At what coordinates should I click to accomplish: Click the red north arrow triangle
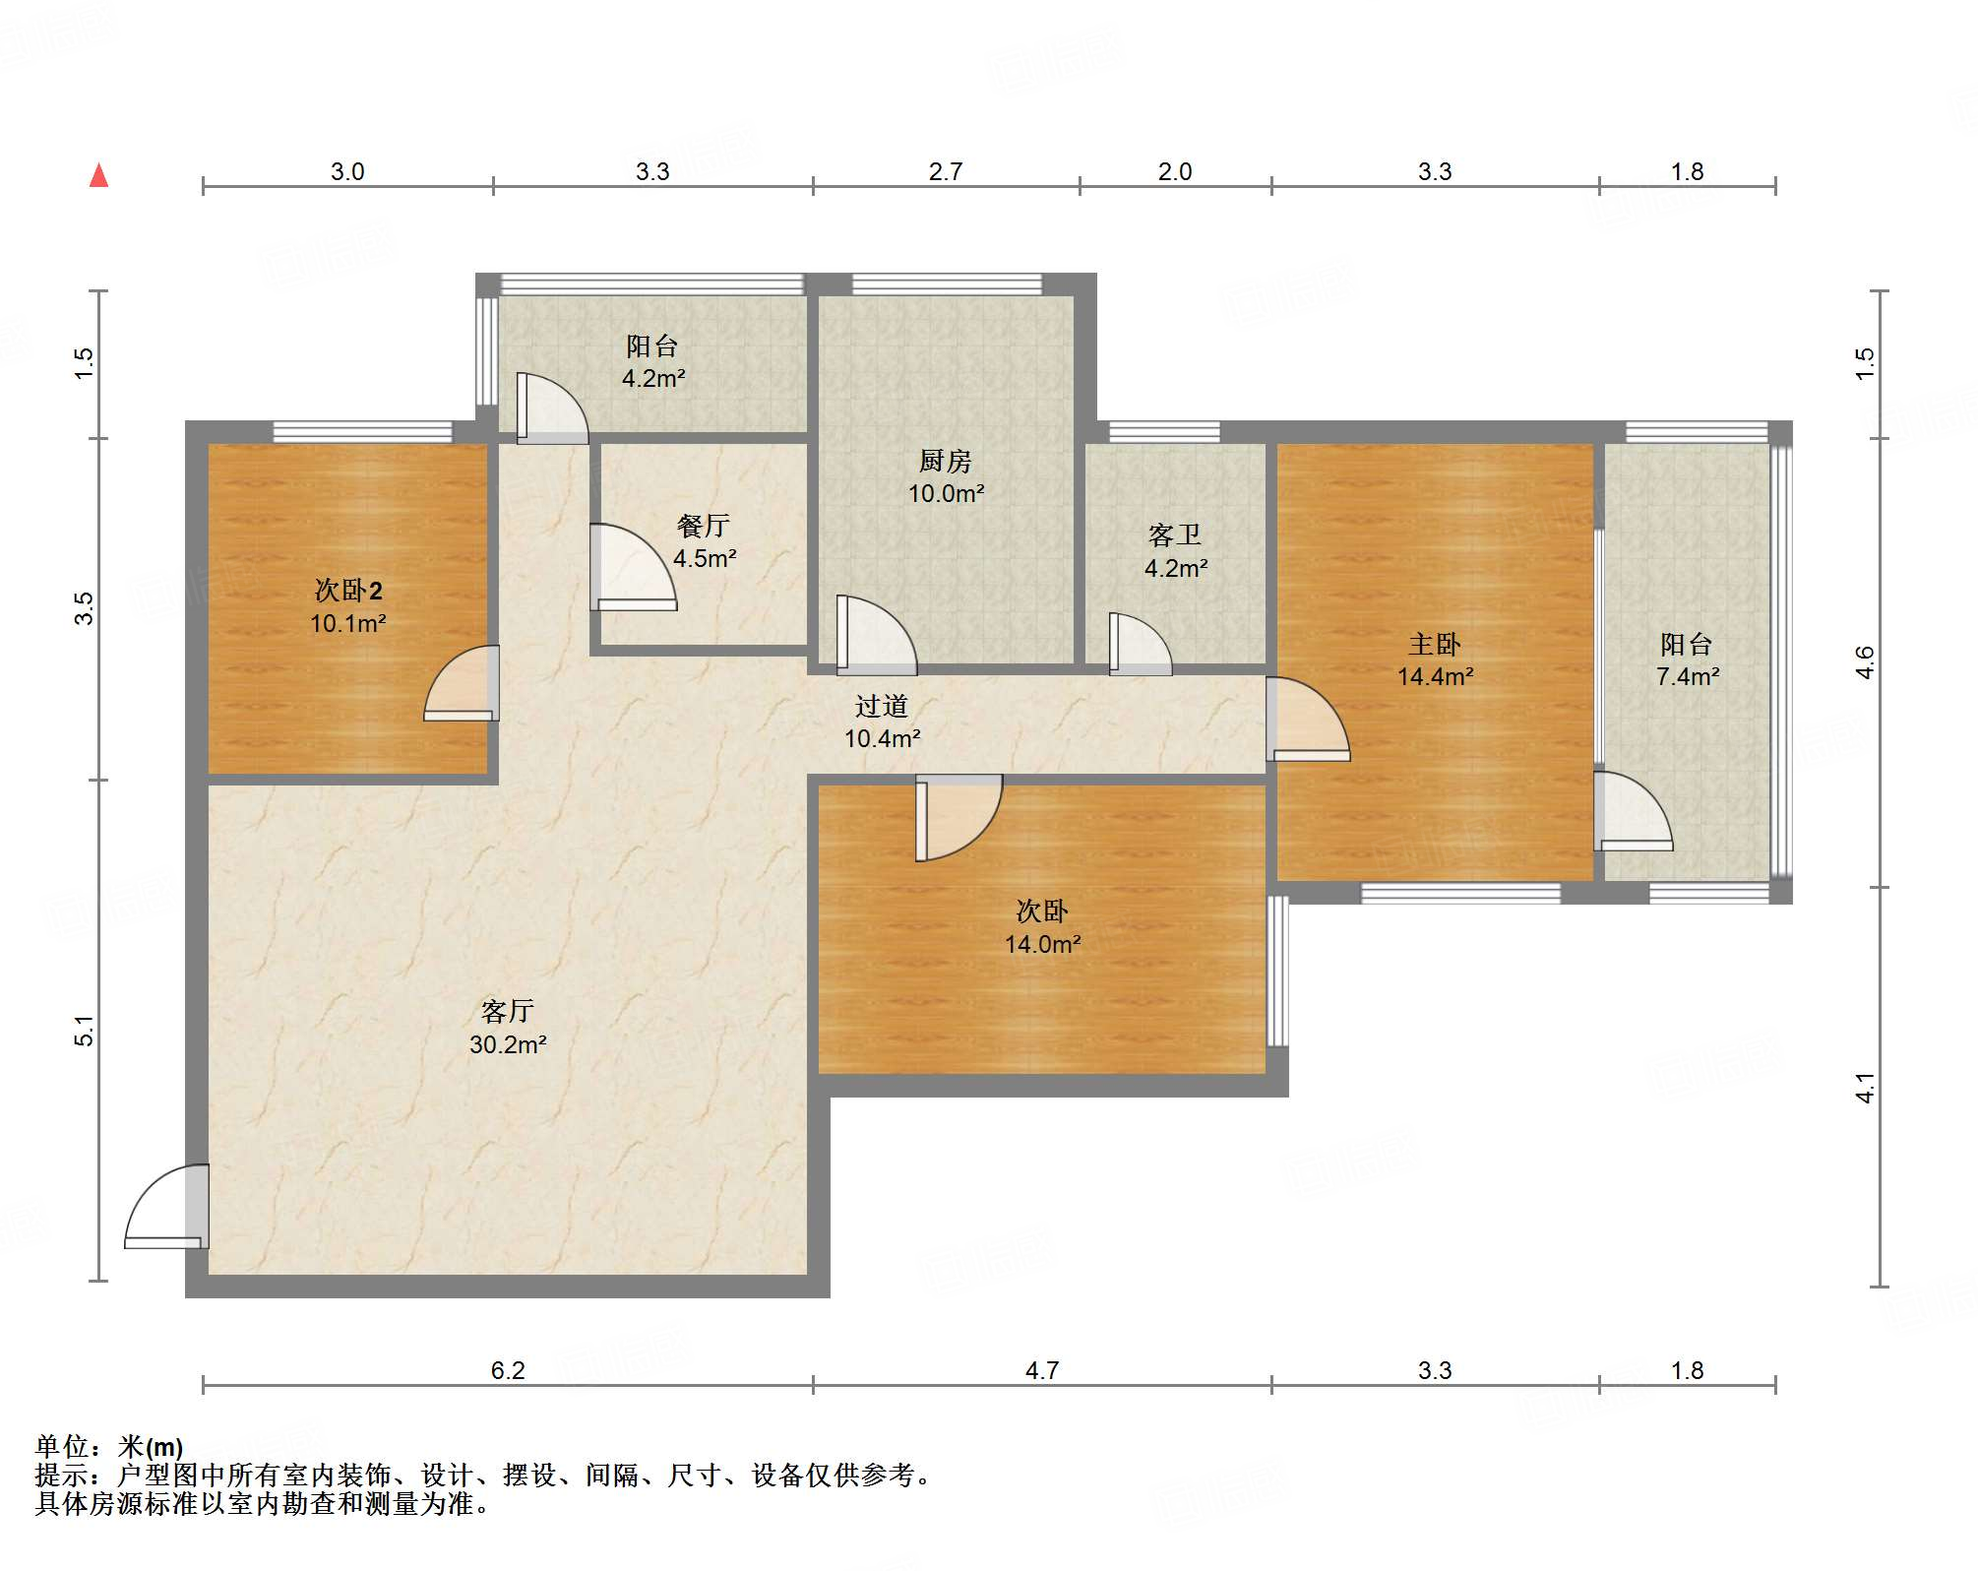click(x=99, y=175)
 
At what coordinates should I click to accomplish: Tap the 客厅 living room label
click(x=508, y=1011)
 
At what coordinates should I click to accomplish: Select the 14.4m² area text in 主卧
click(x=1436, y=676)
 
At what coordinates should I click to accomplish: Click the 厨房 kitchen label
click(x=946, y=461)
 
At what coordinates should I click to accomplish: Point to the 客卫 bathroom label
click(x=1175, y=534)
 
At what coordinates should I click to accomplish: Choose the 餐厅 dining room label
click(x=704, y=526)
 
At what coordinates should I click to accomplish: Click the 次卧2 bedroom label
click(x=348, y=590)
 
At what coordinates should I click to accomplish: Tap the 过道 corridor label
click(x=882, y=706)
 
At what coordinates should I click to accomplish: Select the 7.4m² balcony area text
click(x=1688, y=676)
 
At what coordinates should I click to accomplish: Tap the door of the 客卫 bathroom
click(x=1141, y=645)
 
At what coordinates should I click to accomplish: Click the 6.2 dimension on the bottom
click(x=508, y=1370)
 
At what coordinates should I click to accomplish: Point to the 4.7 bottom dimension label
click(x=1042, y=1370)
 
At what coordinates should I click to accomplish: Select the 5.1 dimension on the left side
click(x=85, y=1031)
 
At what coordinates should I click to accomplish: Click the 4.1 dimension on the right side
click(x=1865, y=1088)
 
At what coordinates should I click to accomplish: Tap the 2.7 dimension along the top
click(x=946, y=171)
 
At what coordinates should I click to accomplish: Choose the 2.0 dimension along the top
click(x=1175, y=171)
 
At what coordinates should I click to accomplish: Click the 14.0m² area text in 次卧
click(x=1043, y=944)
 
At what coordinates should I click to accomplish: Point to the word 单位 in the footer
click(x=62, y=1446)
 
